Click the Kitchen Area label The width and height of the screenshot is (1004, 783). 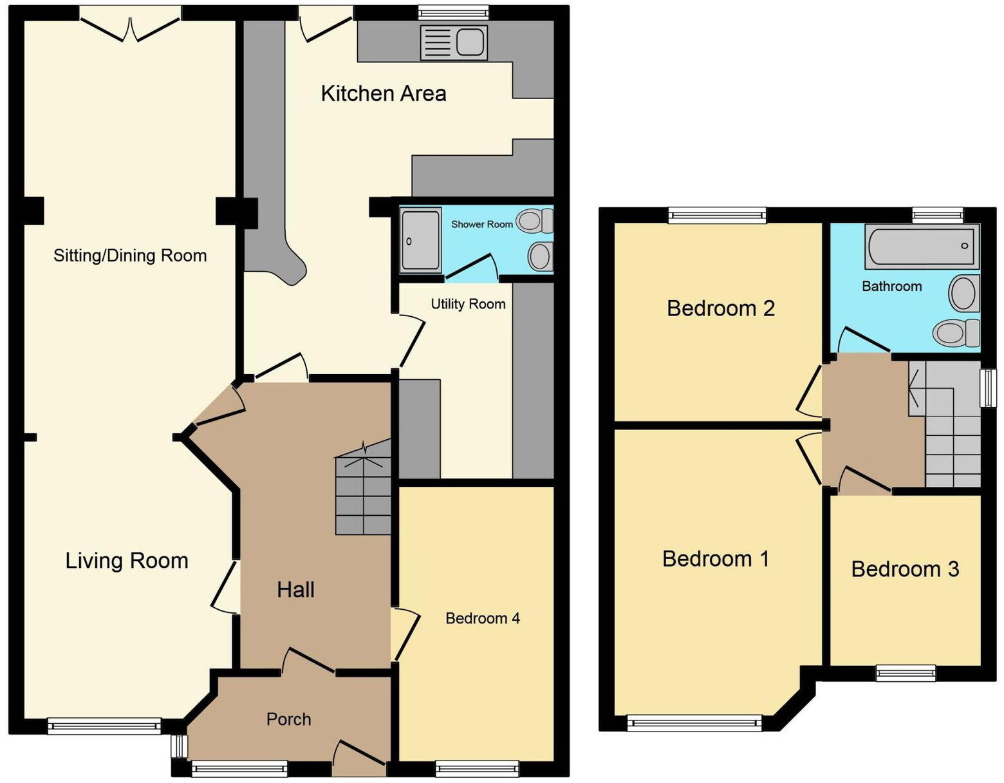(x=383, y=94)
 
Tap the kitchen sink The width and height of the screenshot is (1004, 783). (x=453, y=42)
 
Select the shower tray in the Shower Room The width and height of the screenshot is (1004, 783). (x=420, y=239)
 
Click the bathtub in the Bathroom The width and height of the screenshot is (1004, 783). (x=921, y=246)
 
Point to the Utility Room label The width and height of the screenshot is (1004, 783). (x=468, y=304)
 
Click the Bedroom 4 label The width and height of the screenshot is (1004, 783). (x=482, y=619)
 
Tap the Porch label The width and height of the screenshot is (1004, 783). (x=288, y=719)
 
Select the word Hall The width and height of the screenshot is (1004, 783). (x=295, y=589)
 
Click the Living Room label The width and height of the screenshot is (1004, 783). (x=127, y=561)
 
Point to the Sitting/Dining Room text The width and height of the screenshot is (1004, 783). (x=130, y=256)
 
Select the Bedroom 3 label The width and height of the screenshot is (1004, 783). (x=905, y=569)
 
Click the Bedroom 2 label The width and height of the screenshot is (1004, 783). (x=720, y=308)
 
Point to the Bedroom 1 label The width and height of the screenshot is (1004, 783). (x=716, y=558)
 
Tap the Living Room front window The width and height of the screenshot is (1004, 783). (x=104, y=726)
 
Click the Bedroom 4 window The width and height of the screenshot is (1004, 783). (x=477, y=768)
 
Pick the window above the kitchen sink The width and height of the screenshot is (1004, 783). (x=453, y=12)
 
